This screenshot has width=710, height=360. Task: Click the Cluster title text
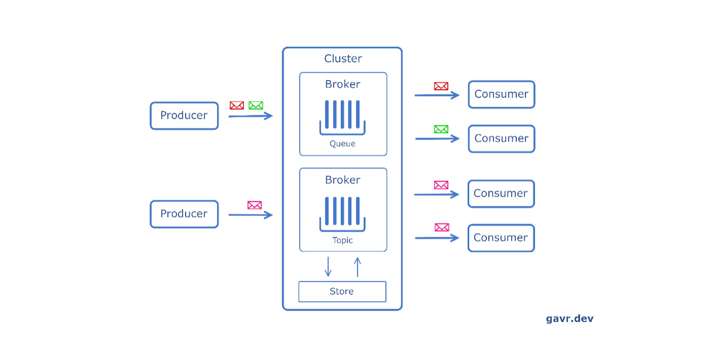(x=343, y=58)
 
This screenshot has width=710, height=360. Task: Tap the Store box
(x=342, y=292)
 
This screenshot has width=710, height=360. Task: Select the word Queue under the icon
(x=342, y=144)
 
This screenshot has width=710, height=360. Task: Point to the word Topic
(x=342, y=240)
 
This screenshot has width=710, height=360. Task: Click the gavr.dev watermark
(x=569, y=319)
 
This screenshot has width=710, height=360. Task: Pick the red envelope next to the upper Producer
(x=237, y=105)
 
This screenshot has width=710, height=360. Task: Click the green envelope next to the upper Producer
(x=256, y=105)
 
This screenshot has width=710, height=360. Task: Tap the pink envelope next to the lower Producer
(x=254, y=205)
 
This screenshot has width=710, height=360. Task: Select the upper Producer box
(x=184, y=116)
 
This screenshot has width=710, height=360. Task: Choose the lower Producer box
(x=184, y=214)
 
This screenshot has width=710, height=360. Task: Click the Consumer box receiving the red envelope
(x=501, y=95)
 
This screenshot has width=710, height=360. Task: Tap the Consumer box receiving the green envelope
(x=501, y=139)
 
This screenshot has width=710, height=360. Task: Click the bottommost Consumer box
(x=501, y=238)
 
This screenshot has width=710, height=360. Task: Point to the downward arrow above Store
(x=328, y=267)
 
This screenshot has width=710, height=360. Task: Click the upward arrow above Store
(x=357, y=267)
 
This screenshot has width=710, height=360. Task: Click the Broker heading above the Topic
(x=342, y=180)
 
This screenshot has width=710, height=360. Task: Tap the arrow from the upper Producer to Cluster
(x=250, y=116)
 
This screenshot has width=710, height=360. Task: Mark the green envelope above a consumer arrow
(x=441, y=129)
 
